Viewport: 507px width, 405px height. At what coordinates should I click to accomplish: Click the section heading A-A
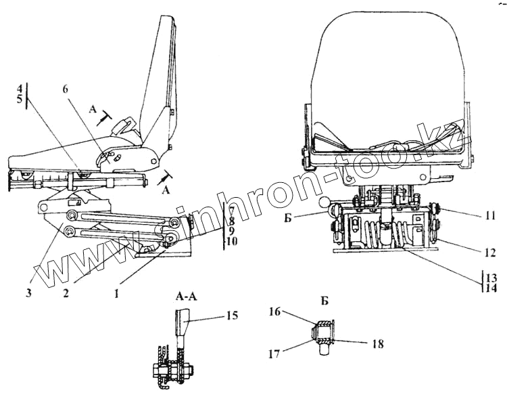coord(185,296)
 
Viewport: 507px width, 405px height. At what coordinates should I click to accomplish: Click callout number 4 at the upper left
coord(20,89)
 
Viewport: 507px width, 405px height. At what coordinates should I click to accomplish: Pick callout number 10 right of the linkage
coord(233,240)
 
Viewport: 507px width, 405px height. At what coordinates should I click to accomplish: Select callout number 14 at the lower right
coord(490,287)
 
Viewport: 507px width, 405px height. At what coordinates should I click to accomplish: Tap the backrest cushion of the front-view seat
coord(385,61)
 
